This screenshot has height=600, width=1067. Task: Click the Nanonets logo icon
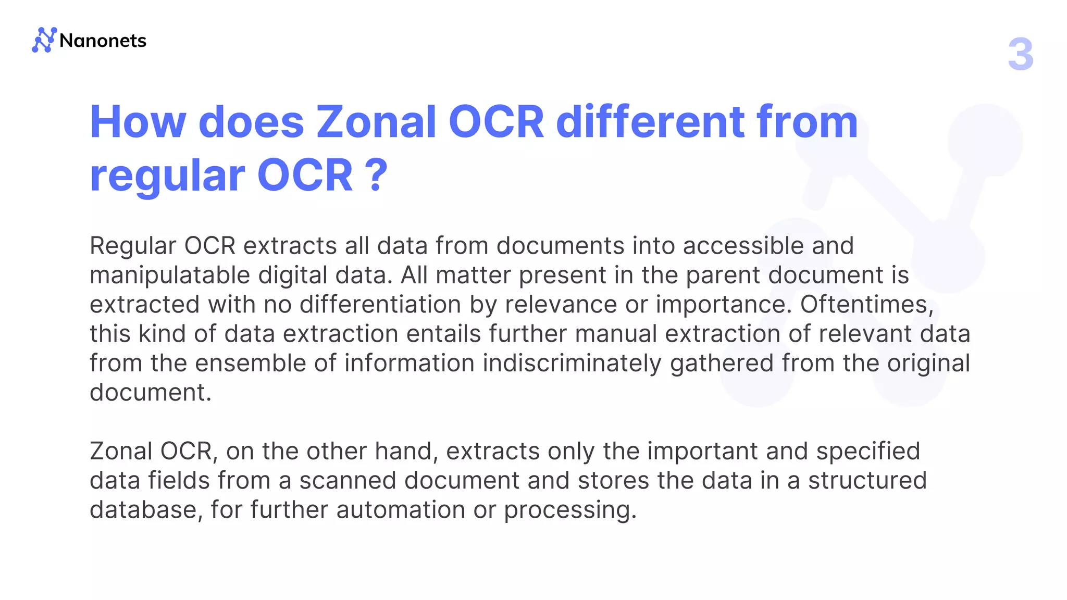tap(44, 40)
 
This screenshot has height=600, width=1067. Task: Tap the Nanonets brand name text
tap(103, 41)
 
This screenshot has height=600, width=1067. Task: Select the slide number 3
tap(1020, 54)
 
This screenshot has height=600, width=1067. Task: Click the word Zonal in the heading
tap(376, 122)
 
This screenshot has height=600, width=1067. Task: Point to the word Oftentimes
tap(866, 304)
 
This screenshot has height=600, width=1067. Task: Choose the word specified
tap(868, 451)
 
